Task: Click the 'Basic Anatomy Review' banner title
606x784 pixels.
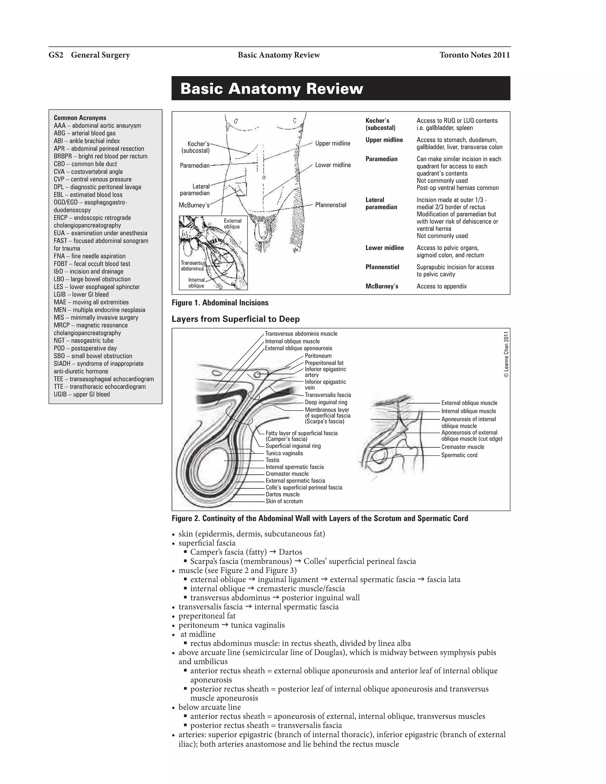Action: [271, 89]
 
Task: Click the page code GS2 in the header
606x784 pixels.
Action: [56, 55]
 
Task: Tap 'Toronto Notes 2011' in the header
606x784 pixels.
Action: [474, 55]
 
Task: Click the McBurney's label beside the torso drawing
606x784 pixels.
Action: [194, 205]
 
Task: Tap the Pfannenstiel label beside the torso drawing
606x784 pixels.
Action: [330, 205]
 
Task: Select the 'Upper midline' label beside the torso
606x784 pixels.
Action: [332, 143]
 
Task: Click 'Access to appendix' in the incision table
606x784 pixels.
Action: [441, 286]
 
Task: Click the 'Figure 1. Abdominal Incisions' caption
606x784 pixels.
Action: [220, 303]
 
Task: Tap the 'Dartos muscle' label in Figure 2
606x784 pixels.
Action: [282, 494]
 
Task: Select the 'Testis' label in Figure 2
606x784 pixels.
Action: [272, 460]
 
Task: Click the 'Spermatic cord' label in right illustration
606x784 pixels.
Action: [459, 455]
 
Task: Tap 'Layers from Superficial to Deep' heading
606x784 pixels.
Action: [236, 319]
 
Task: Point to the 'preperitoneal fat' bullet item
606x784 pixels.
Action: [207, 616]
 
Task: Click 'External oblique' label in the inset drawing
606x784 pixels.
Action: [232, 224]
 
